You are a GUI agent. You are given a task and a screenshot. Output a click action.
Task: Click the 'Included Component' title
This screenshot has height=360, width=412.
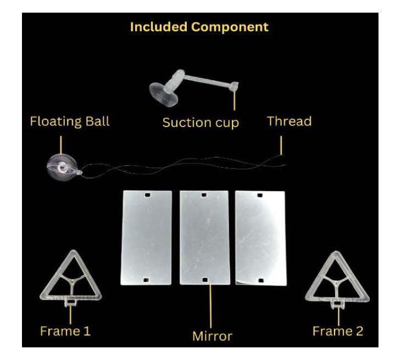click(x=199, y=27)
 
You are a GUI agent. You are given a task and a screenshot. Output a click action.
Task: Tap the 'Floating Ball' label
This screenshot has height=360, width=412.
click(x=70, y=121)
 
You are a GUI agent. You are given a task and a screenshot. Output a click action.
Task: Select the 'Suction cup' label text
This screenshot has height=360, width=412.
click(x=201, y=123)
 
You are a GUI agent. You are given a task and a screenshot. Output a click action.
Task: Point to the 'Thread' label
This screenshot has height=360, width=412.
click(x=289, y=121)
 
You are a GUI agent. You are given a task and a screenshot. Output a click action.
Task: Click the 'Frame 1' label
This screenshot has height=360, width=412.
click(x=65, y=331)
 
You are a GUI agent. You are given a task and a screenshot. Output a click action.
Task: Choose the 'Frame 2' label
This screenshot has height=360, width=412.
click(x=338, y=331)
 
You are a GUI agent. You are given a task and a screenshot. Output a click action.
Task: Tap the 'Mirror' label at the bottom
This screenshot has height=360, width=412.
click(x=212, y=336)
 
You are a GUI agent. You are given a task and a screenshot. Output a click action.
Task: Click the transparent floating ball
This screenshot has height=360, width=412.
click(x=63, y=168)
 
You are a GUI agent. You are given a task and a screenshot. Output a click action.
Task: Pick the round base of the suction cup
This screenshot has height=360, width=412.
click(x=164, y=94)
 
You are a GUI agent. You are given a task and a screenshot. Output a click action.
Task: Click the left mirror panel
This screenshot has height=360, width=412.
click(x=146, y=238)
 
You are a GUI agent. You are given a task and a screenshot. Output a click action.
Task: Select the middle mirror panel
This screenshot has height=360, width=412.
click(x=205, y=238)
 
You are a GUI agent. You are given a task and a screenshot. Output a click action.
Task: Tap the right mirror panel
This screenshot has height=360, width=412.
click(x=260, y=238)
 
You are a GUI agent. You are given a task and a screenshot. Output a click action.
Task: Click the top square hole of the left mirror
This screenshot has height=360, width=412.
click(x=147, y=195)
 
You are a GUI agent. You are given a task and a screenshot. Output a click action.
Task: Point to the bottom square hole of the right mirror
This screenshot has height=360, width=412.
click(x=260, y=280)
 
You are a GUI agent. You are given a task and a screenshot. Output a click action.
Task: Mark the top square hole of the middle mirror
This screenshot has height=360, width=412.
click(x=204, y=195)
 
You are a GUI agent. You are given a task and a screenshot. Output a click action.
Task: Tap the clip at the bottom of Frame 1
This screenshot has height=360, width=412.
click(x=71, y=303)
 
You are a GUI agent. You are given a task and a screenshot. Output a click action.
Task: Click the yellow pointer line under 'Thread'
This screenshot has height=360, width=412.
click(x=281, y=146)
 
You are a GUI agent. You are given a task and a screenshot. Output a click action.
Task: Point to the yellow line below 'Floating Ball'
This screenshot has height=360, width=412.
click(x=61, y=145)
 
